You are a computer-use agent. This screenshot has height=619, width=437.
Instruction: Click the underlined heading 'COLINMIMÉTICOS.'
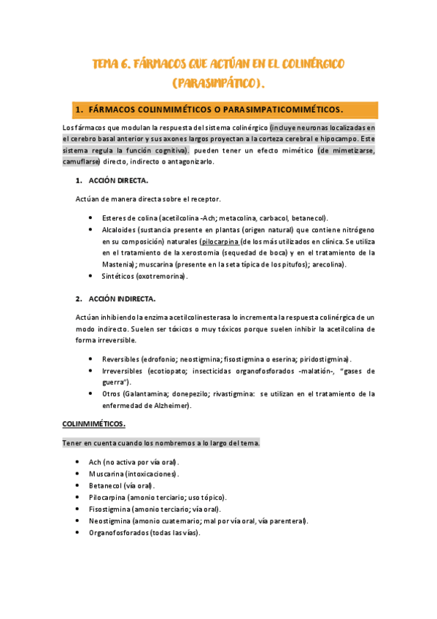93,423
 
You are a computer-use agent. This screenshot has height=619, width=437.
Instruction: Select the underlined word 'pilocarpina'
219,241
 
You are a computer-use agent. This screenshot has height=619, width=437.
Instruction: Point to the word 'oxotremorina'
164,276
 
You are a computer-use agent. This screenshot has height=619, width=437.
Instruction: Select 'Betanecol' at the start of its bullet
104,485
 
